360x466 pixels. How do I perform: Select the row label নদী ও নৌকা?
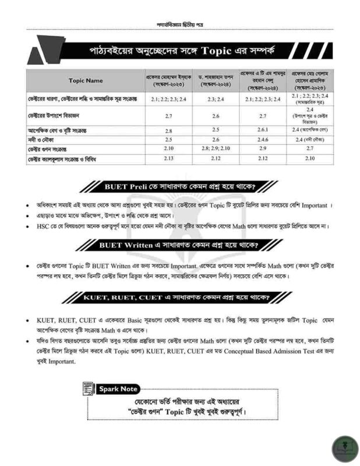click(x=40, y=140)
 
